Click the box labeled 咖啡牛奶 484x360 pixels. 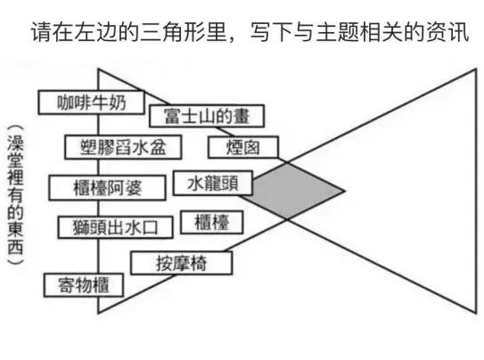(92, 102)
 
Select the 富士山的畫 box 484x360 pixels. (207, 116)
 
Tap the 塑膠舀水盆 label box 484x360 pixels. (123, 147)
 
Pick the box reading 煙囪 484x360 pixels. (243, 147)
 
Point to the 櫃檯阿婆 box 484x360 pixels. (107, 188)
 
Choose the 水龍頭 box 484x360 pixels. (213, 184)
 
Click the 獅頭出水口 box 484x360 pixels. (116, 227)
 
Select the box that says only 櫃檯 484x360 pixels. (212, 222)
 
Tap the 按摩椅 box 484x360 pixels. (182, 263)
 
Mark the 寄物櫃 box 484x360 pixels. (84, 285)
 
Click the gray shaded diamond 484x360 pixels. (293, 192)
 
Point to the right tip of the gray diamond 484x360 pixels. (344, 192)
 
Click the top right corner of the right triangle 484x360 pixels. (476, 70)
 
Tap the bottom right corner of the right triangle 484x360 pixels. (476, 313)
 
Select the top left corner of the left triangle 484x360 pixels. (98, 69)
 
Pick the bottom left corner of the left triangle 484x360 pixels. (98, 313)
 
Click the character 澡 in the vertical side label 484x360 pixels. (15, 143)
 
